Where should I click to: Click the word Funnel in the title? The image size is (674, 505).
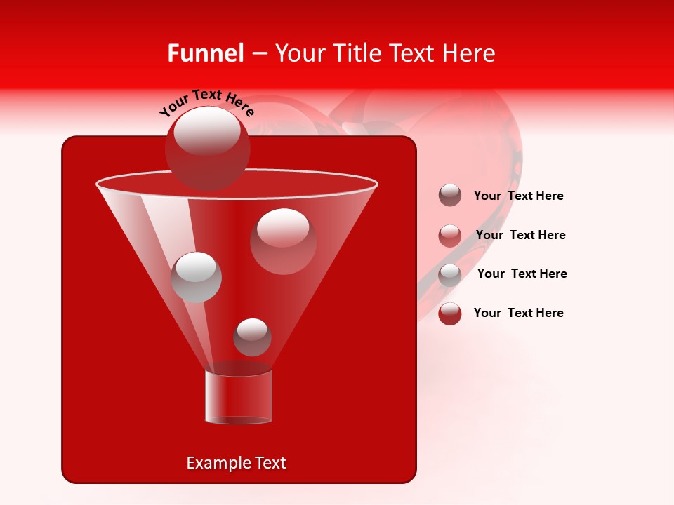(x=206, y=53)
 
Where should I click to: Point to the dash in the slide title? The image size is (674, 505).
(x=258, y=54)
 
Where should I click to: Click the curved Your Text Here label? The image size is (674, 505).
(x=206, y=102)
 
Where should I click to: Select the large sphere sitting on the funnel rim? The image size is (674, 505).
(x=208, y=148)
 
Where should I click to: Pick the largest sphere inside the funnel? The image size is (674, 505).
(x=283, y=241)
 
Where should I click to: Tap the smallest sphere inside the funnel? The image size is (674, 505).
(x=252, y=337)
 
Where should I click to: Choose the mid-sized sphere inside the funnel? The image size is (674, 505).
(x=197, y=277)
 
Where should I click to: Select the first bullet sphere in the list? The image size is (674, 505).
(x=450, y=195)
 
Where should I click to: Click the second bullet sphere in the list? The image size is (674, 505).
(x=450, y=235)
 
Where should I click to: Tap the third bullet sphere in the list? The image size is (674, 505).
(x=450, y=274)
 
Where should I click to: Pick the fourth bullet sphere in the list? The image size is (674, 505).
(x=450, y=314)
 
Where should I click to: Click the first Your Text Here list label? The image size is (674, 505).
(x=518, y=196)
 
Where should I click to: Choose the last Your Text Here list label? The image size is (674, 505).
(x=518, y=313)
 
